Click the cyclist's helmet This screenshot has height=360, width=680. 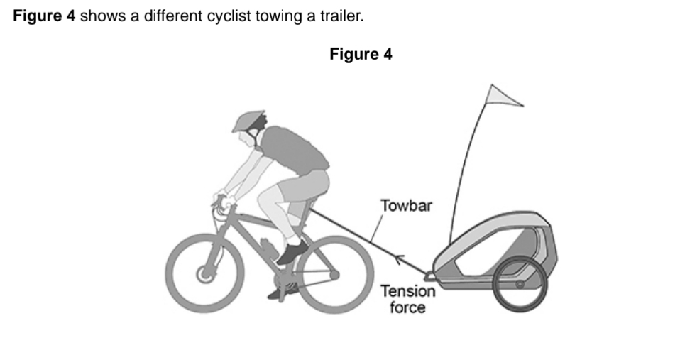248,120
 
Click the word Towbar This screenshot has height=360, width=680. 406,207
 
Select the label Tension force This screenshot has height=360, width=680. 407,299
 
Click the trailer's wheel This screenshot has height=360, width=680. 520,284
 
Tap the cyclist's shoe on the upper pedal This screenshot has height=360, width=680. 292,252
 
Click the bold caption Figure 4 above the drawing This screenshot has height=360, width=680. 361,55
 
